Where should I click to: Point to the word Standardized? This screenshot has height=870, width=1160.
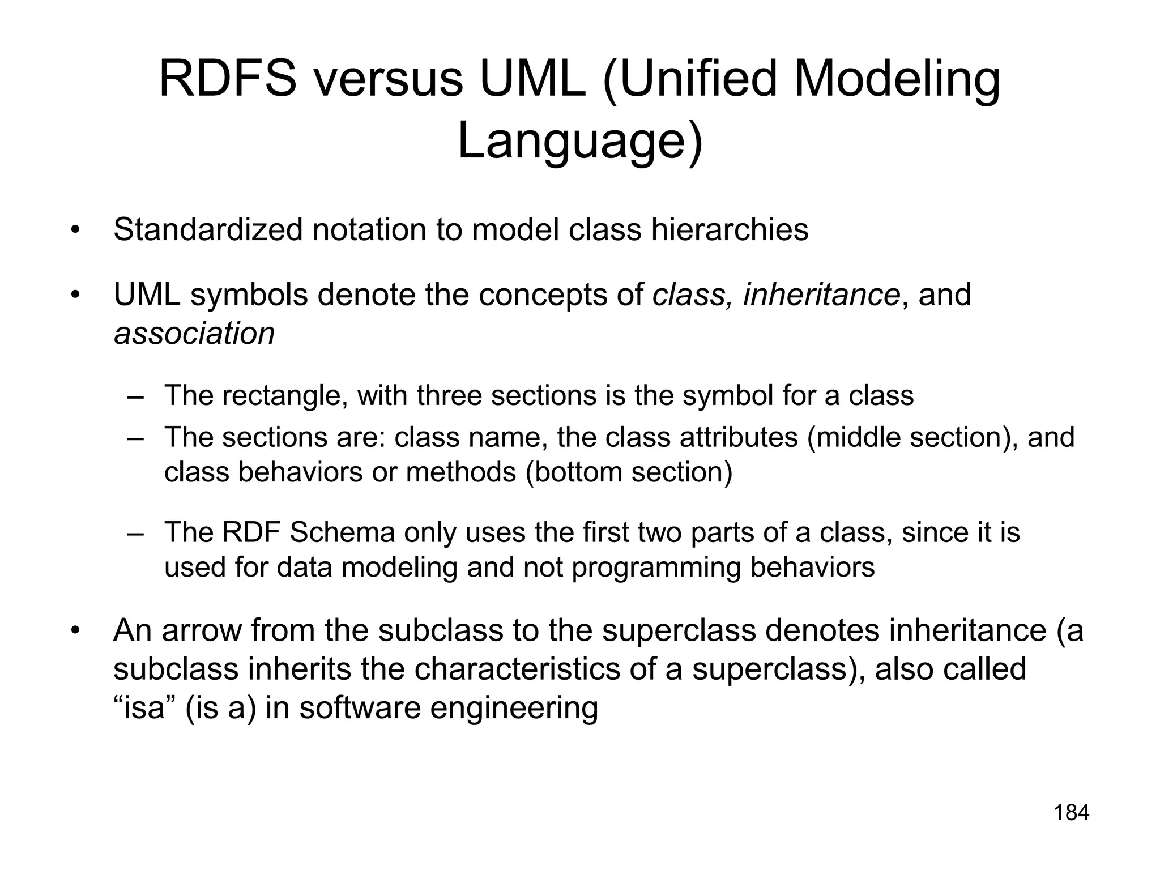coord(207,230)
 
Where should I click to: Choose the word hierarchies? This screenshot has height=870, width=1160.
coord(730,230)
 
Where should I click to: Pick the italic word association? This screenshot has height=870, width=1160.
coord(194,333)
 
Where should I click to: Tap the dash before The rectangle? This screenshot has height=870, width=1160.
coord(135,396)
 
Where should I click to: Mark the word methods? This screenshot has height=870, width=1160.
coord(461,472)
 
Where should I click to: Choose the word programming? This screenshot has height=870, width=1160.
coord(656,568)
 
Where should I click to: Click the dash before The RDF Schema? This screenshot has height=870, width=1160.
coord(135,533)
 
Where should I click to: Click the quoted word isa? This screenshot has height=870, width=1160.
coord(144,708)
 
